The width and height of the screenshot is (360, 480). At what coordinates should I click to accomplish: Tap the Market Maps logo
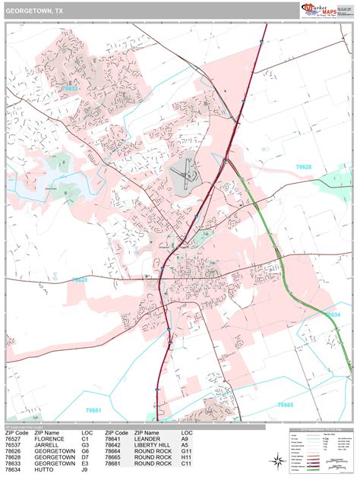click(321, 10)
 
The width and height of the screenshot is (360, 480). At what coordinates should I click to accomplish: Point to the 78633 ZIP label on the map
click(70, 89)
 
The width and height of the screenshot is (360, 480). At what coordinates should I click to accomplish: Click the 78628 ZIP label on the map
click(81, 279)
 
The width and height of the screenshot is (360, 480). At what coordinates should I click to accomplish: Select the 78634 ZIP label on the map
click(333, 314)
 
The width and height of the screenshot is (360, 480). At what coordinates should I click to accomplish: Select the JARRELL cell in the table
click(47, 444)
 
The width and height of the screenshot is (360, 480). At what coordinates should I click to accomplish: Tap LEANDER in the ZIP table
click(147, 438)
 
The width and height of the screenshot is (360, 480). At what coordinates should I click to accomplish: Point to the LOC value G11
click(186, 451)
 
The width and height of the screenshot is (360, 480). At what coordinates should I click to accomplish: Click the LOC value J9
click(86, 469)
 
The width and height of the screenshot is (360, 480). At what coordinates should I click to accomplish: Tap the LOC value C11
click(186, 463)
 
